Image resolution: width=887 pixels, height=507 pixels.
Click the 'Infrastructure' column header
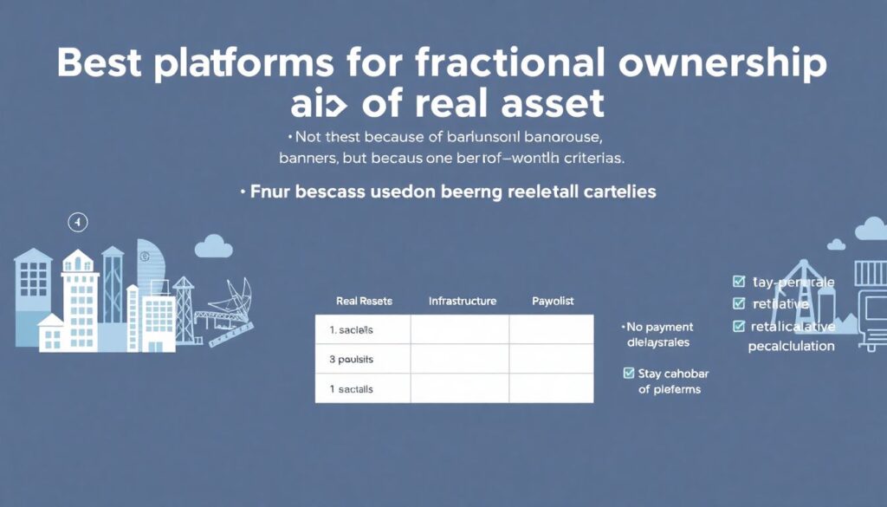click(x=463, y=301)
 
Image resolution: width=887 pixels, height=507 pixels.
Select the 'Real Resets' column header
click(x=364, y=301)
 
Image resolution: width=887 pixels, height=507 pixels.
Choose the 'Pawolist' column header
click(x=553, y=301)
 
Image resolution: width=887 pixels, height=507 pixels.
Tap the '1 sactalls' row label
click(x=352, y=389)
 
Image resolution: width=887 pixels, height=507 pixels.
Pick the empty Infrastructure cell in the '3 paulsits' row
click(x=459, y=359)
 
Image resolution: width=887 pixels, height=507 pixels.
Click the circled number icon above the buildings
click(x=78, y=223)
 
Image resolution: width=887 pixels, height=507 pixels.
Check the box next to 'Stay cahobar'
click(x=630, y=374)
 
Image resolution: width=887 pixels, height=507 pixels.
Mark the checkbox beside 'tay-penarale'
click(x=739, y=282)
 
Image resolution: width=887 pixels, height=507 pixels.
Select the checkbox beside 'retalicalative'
click(x=739, y=326)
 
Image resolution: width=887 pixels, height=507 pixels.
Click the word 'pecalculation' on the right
click(x=791, y=346)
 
